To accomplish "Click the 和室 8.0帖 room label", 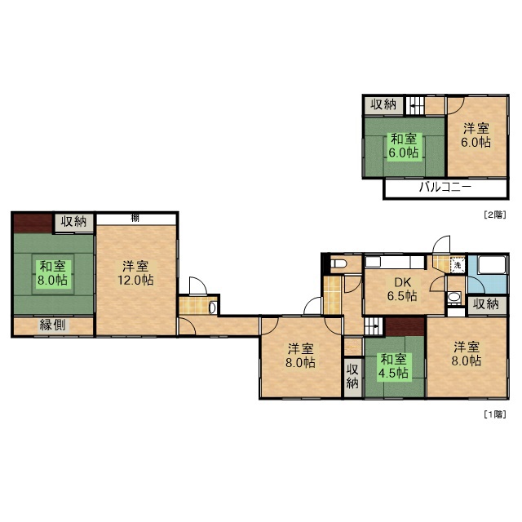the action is (x=53, y=273).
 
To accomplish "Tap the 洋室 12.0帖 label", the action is (x=135, y=273).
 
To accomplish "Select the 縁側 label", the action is (x=52, y=325).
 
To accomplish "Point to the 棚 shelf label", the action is (x=135, y=219).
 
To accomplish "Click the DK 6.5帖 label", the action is (x=402, y=289).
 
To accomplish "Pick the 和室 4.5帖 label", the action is (x=393, y=366).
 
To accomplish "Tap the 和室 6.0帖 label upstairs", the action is (x=404, y=146).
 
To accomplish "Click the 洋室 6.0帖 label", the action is (x=476, y=135).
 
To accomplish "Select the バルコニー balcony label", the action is (x=445, y=187).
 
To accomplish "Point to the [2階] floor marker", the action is (x=495, y=215).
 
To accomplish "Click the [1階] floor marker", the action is (x=495, y=414).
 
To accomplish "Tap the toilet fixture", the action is (x=339, y=264).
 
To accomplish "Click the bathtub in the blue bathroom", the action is (x=492, y=265).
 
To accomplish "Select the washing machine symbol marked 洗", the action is (x=457, y=265).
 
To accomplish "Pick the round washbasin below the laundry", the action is (x=453, y=297).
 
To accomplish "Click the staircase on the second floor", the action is (x=415, y=106).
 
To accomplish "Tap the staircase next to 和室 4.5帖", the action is (x=374, y=326).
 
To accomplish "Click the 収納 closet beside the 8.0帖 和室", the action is (x=74, y=221).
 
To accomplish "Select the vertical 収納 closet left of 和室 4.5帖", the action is (x=352, y=377).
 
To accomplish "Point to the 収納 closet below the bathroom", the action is (x=486, y=304).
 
